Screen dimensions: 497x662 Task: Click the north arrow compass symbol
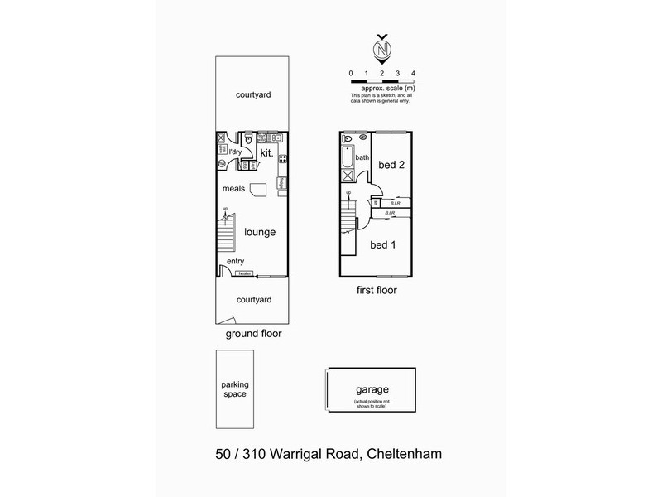pos(382,47)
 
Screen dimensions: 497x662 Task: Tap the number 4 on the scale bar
pos(413,74)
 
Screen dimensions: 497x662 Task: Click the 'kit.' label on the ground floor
pos(266,153)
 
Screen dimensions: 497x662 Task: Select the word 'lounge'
pos(260,233)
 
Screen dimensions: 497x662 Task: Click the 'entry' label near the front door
pos(236,262)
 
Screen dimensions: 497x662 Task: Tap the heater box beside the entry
pos(245,273)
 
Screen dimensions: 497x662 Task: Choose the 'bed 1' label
pos(382,245)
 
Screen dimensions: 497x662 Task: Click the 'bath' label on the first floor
pos(362,157)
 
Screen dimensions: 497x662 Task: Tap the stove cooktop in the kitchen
pos(283,158)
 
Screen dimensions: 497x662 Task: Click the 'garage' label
pos(373,389)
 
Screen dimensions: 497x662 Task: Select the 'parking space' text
pos(234,389)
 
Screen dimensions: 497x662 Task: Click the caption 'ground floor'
pos(253,335)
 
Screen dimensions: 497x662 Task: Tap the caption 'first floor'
pos(377,291)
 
